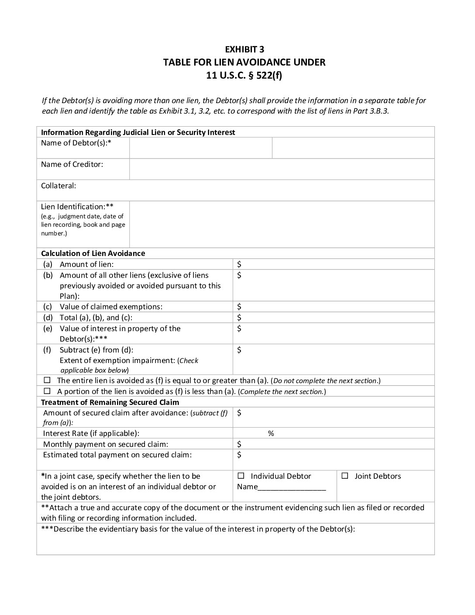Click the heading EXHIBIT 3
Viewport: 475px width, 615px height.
click(244, 49)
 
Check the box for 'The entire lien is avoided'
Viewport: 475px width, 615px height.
click(48, 380)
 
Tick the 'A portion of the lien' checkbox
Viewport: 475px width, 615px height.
click(48, 391)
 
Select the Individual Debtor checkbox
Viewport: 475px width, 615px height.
click(241, 476)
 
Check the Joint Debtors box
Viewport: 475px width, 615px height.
click(344, 476)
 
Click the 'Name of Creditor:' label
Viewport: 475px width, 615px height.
click(72, 165)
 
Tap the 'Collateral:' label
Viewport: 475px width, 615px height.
click(59, 186)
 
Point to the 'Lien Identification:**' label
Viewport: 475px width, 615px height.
click(77, 207)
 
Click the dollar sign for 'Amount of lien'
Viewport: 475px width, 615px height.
click(239, 264)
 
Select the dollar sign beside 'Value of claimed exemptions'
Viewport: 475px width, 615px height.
click(239, 307)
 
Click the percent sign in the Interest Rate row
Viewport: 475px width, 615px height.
click(271, 433)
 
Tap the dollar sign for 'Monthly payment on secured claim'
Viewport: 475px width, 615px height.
click(239, 444)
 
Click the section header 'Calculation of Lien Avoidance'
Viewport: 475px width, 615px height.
click(93, 253)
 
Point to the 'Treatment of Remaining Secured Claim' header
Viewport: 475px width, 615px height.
click(110, 402)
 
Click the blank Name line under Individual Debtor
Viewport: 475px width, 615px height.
click(292, 487)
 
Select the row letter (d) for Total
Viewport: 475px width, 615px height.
click(48, 318)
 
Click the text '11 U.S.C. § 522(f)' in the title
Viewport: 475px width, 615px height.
click(244, 75)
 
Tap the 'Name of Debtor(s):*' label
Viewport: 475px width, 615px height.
click(76, 143)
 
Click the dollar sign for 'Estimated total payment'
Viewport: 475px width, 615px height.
click(239, 455)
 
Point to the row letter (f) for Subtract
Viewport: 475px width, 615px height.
click(47, 350)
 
